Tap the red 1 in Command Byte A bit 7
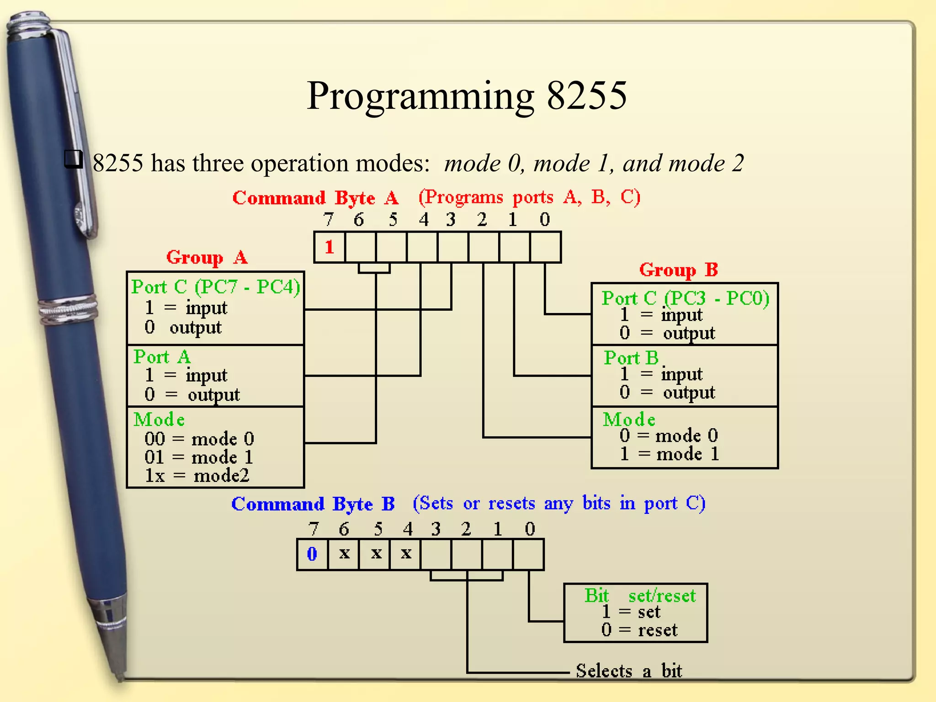pyautogui.click(x=329, y=247)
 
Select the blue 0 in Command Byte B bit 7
pyautogui.click(x=312, y=554)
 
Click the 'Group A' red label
pyautogui.click(x=207, y=257)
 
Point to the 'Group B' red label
pyautogui.click(x=678, y=270)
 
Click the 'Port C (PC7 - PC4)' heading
pyautogui.click(x=215, y=287)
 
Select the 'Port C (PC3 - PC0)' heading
pyautogui.click(x=685, y=298)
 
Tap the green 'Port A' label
pyautogui.click(x=162, y=357)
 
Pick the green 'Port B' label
pyautogui.click(x=631, y=358)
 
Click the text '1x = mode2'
pyautogui.click(x=197, y=476)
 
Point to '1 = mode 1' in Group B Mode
pyautogui.click(x=669, y=454)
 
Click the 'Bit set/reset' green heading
pyautogui.click(x=640, y=596)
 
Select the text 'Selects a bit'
pyautogui.click(x=628, y=671)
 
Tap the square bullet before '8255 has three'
pyautogui.click(x=73, y=159)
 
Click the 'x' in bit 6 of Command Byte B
pyautogui.click(x=344, y=553)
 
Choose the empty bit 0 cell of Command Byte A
pyautogui.click(x=545, y=247)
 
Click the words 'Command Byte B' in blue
pyautogui.click(x=313, y=504)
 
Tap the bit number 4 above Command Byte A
pyautogui.click(x=424, y=220)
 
